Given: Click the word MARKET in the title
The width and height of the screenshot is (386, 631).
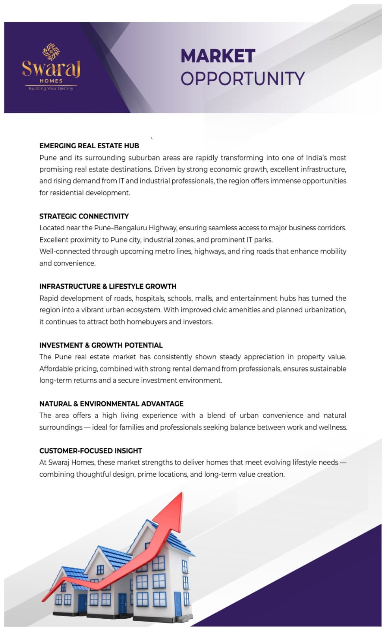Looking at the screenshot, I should (x=218, y=56).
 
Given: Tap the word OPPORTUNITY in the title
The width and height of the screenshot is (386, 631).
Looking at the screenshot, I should (x=242, y=78).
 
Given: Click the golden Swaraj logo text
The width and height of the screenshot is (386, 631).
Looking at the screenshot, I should (x=51, y=68).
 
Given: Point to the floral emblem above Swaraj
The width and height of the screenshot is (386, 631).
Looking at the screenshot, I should (x=51, y=51).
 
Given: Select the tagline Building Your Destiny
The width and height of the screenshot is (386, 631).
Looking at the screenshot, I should (x=51, y=88).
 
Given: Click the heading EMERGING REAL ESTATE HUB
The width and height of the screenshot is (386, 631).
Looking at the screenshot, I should (x=89, y=146).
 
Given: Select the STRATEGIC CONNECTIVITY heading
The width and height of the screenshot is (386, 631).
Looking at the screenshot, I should (x=84, y=216).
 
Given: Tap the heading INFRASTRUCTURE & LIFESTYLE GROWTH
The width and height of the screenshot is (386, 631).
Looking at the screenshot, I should (x=108, y=286).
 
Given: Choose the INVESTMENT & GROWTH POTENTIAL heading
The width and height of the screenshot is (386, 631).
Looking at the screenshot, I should (x=101, y=345).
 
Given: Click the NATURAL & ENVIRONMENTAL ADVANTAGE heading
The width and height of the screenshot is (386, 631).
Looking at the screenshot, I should (x=111, y=404).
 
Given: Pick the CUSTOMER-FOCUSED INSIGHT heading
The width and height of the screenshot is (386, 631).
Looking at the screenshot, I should (x=91, y=451).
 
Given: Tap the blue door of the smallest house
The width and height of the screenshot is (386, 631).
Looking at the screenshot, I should (x=82, y=603).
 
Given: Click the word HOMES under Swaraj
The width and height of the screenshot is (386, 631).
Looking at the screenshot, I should (x=51, y=81).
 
